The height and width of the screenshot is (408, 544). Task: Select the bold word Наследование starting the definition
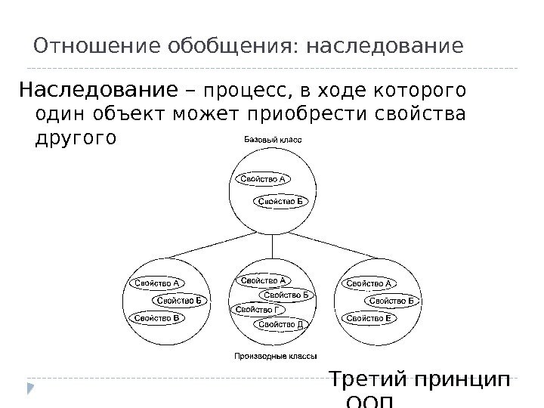(97, 91)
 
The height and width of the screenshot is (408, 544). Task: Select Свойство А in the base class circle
(262, 180)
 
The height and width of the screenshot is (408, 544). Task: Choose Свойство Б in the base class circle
(281, 201)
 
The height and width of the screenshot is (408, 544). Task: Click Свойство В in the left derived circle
(156, 318)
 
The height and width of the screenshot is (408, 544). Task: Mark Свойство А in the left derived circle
(156, 284)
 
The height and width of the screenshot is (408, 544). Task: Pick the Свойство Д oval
(280, 325)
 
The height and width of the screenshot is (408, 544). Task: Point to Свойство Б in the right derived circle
(392, 301)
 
